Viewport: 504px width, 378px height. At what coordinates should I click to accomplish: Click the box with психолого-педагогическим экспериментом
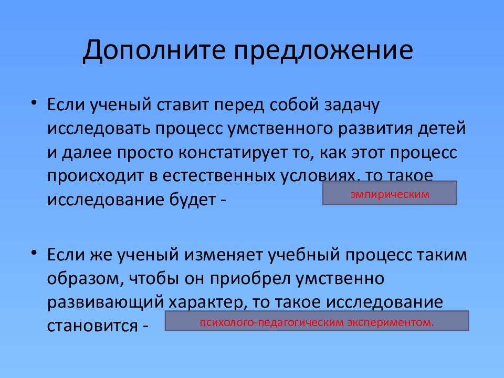click(x=317, y=321)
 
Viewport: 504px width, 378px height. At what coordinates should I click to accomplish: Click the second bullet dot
click(x=34, y=253)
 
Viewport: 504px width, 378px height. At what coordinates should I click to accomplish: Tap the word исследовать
click(x=98, y=129)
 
